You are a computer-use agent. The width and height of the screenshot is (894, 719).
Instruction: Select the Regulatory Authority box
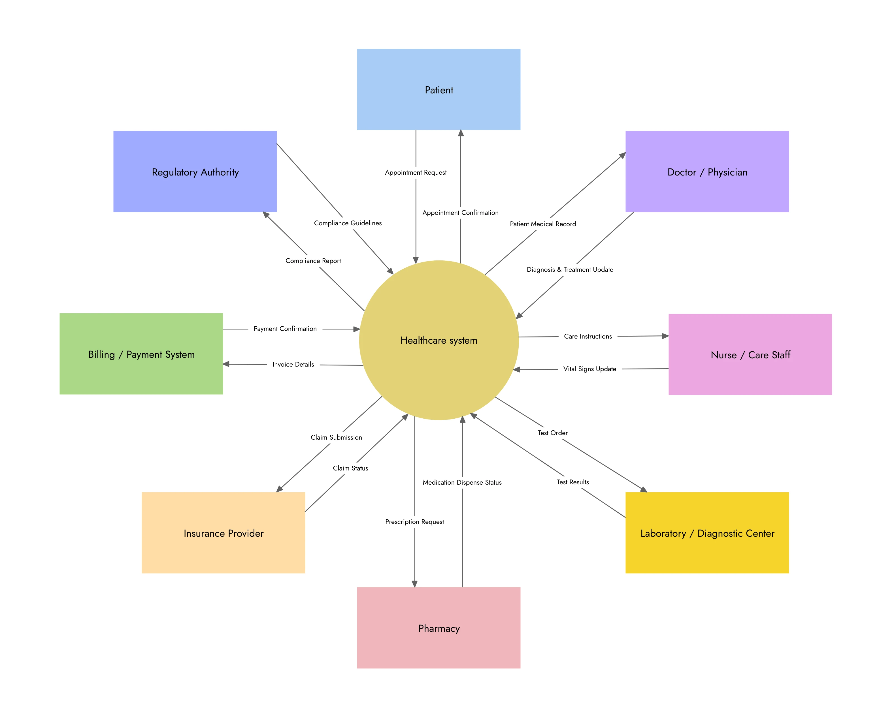coord(195,172)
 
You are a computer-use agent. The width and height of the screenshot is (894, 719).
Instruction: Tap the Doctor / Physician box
coord(707,172)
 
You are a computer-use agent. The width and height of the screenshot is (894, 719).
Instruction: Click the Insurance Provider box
coord(223,533)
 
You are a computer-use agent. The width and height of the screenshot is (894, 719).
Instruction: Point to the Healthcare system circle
coord(439,340)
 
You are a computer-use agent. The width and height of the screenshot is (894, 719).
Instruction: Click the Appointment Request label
coord(416,172)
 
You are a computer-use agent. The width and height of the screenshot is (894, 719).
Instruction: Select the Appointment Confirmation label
coord(460,213)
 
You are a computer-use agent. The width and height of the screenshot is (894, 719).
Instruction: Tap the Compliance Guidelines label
coord(348,223)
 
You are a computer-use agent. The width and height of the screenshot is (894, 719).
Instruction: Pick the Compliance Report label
coord(313,261)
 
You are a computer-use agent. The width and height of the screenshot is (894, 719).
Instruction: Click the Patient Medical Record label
coord(543,224)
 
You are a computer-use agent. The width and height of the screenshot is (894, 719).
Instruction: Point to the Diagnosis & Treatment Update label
coord(570,269)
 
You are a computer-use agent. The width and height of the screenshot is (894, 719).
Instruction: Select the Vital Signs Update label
coord(589,369)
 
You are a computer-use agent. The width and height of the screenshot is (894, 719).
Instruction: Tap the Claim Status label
coord(350,468)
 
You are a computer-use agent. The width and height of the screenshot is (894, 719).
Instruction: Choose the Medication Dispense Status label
coord(462,482)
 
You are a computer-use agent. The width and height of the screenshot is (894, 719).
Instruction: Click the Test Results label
coord(573,482)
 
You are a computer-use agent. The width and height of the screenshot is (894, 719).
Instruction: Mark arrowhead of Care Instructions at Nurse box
coord(665,336)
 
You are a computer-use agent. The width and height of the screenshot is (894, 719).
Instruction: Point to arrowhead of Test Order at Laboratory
coord(644,490)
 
